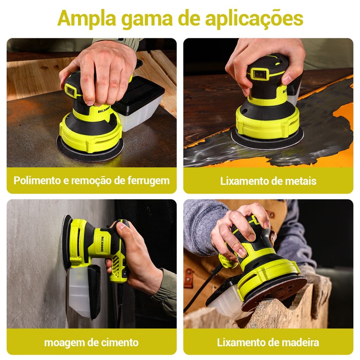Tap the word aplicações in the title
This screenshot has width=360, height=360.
coord(254,19)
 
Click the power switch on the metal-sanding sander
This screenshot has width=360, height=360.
coord(260,74)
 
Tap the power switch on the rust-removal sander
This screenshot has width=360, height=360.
coord(70,90)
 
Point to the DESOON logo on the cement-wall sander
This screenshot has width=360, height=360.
coord(102,244)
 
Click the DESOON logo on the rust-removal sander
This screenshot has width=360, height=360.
coord(104,110)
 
